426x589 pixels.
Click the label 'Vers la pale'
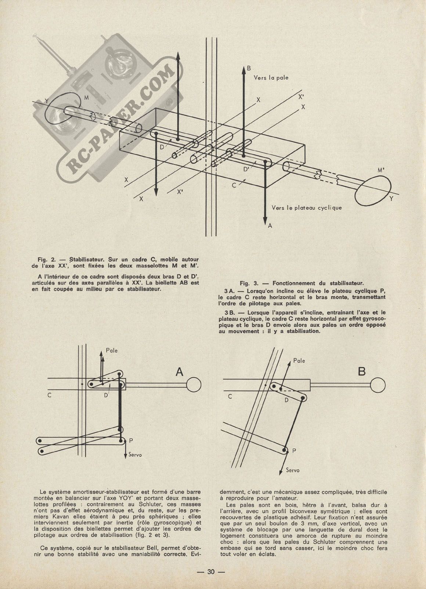click(x=271, y=77)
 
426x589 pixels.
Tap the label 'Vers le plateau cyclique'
click(x=307, y=207)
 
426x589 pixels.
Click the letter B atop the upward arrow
click(x=249, y=68)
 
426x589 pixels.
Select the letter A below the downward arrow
click(x=270, y=226)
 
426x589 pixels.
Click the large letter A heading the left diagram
click(x=180, y=372)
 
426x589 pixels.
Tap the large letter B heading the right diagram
click(x=362, y=372)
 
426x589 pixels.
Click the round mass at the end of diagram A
click(x=194, y=384)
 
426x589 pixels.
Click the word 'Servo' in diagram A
click(x=135, y=454)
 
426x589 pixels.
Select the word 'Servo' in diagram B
click(x=292, y=470)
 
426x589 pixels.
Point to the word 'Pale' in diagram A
click(x=112, y=350)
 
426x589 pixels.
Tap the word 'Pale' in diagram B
click(x=299, y=361)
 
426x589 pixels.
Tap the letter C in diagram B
click(x=230, y=396)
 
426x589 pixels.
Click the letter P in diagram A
click(x=126, y=440)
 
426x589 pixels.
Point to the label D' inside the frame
click(x=246, y=169)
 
